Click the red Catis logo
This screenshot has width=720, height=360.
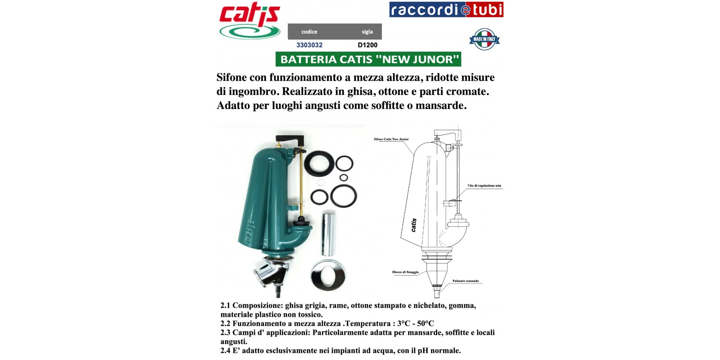click(250, 21)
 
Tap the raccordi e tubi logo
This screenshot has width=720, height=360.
click(446, 10)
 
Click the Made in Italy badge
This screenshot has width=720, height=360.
click(484, 39)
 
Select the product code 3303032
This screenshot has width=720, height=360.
click(309, 45)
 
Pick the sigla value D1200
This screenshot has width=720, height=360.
click(368, 45)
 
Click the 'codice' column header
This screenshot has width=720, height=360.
click(309, 32)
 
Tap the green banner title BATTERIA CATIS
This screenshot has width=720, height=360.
click(368, 59)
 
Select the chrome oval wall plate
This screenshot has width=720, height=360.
click(328, 275)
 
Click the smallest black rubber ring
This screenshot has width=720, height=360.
click(344, 178)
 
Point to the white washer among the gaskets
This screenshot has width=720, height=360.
click(321, 183)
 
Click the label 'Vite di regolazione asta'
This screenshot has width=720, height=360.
click(484, 186)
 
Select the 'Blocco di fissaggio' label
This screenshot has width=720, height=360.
click(405, 272)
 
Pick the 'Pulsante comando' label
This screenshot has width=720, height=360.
click(466, 281)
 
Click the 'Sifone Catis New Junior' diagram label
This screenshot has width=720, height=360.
click(391, 139)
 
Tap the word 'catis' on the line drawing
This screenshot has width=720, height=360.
click(414, 225)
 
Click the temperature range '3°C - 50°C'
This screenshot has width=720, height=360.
click(416, 323)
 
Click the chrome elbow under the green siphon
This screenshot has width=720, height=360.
click(271, 273)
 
